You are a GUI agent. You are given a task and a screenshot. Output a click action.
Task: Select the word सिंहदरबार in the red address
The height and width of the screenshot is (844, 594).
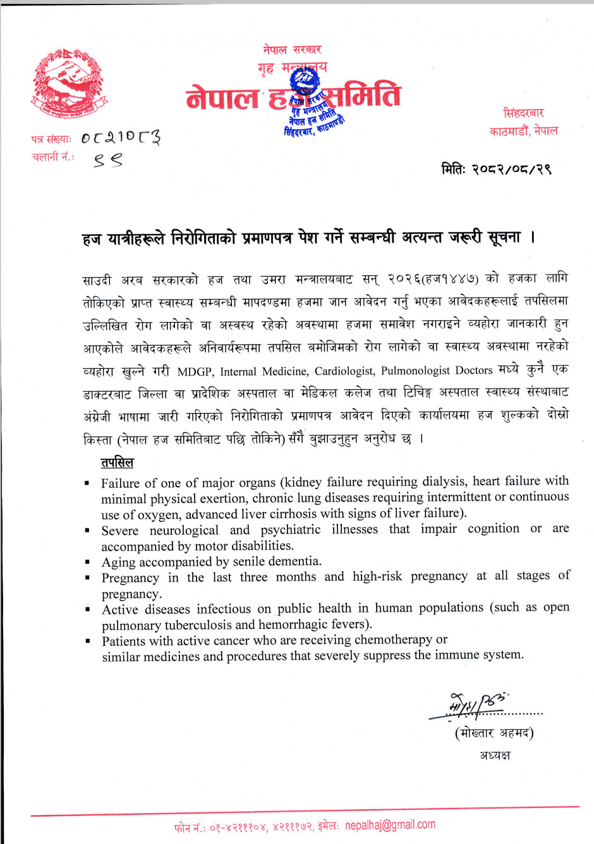coord(523,113)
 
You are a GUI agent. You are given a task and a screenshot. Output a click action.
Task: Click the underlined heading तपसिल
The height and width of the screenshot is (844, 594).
coord(117,462)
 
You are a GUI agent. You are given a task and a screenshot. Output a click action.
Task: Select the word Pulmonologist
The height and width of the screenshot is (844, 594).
coord(416,370)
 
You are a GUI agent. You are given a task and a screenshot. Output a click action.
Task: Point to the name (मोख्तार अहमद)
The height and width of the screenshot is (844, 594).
coord(494,733)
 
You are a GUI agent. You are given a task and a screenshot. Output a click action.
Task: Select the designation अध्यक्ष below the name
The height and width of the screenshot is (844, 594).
coord(495,755)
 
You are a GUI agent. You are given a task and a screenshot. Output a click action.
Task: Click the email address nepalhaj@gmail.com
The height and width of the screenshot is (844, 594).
coord(390,825)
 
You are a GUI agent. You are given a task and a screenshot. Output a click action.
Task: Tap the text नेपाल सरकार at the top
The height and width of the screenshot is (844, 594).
coord(292,49)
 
